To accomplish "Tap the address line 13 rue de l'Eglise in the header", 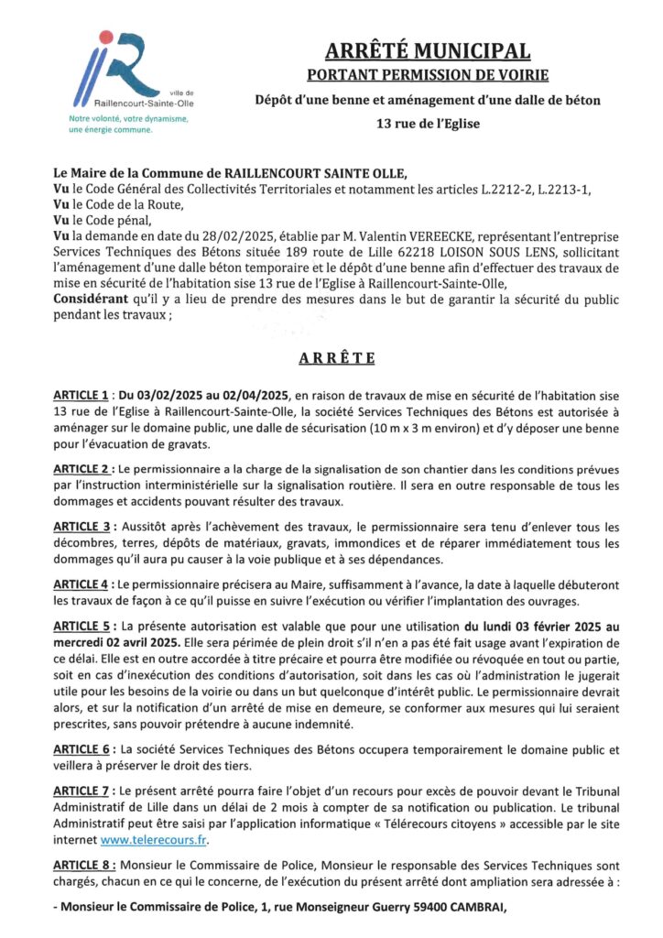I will [428, 122].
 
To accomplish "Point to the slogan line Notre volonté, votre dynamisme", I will [128, 120].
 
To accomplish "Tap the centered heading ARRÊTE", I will [331, 357].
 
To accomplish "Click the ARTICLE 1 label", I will [82, 395].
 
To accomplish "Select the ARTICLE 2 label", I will [82, 468].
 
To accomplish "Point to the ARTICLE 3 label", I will [82, 527].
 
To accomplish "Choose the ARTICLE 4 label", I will [82, 584].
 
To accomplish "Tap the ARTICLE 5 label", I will [82, 627].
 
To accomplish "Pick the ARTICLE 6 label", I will [82, 748].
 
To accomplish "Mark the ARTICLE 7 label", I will [82, 791].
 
